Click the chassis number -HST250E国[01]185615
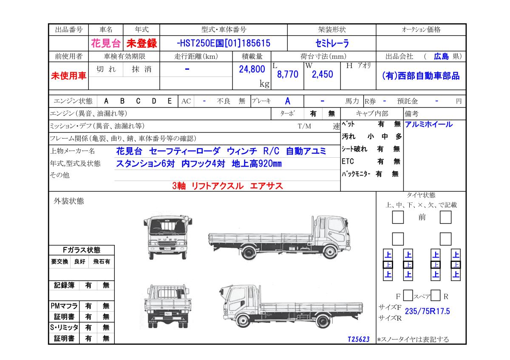pyautogui.click(x=224, y=43)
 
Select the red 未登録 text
pyautogui.click(x=142, y=43)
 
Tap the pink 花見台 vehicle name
pyautogui.click(x=106, y=43)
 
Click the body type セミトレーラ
pyautogui.click(x=332, y=43)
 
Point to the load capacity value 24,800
pyautogui.click(x=252, y=69)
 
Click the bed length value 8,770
pyautogui.click(x=288, y=74)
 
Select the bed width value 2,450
pyautogui.click(x=323, y=74)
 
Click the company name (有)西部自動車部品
pyautogui.click(x=421, y=76)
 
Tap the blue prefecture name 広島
pyautogui.click(x=441, y=56)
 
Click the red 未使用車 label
pyautogui.click(x=68, y=76)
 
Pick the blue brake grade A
pyautogui.click(x=288, y=101)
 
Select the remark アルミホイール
pyautogui.click(x=429, y=125)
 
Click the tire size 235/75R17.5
pyautogui.click(x=428, y=311)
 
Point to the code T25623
pyautogui.click(x=359, y=339)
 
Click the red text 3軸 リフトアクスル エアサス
pyautogui.click(x=227, y=186)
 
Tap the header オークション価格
pyautogui.click(x=421, y=29)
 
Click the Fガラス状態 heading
pyautogui.click(x=82, y=250)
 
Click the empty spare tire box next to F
pyautogui.click(x=408, y=295)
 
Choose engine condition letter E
pyautogui.click(x=170, y=101)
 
